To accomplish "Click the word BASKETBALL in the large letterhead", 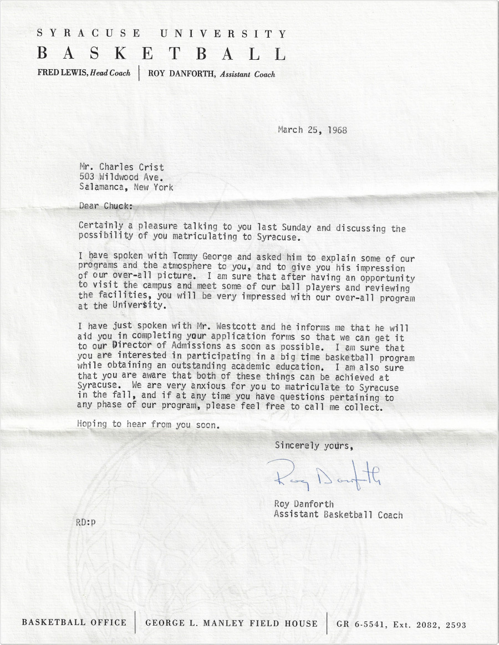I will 161,54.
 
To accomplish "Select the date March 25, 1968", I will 312,131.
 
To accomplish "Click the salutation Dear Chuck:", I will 105,206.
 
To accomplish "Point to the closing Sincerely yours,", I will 313,445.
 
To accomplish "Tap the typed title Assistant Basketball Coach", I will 338,514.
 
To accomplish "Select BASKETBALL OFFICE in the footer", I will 74,623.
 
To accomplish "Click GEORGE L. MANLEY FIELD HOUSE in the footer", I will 231,623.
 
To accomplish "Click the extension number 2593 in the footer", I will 454,625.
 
